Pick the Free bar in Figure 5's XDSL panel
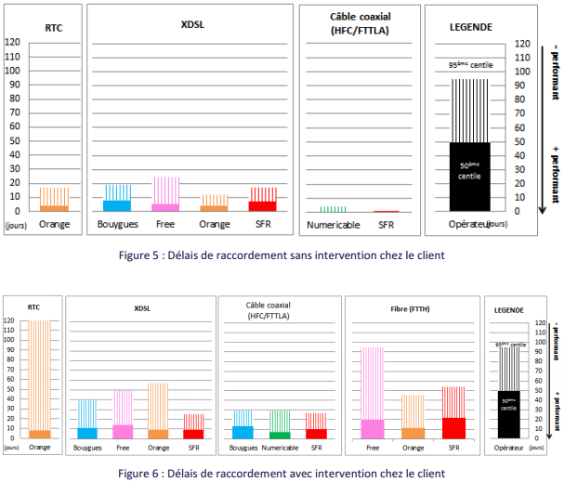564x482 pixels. pyautogui.click(x=167, y=207)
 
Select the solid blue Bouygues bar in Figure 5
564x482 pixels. pyautogui.click(x=117, y=205)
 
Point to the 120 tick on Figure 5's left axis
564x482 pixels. pyautogui.click(x=13, y=43)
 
